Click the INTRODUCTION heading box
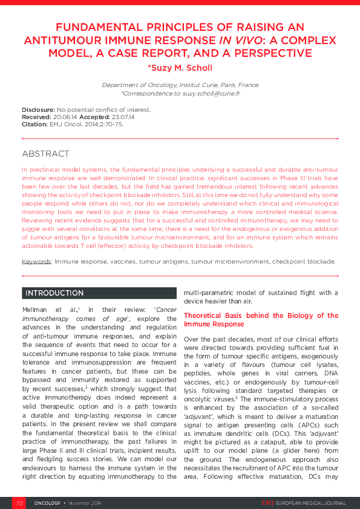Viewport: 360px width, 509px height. pos(54,293)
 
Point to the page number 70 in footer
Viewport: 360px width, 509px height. pos(19,503)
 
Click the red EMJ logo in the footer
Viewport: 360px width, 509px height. pos(267,503)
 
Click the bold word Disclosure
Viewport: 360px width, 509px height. pos(38,109)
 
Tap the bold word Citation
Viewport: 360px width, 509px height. pos(34,124)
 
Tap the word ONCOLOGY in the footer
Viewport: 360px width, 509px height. pos(47,503)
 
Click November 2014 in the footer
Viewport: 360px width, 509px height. pos(84,503)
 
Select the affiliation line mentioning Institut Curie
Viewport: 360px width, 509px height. pos(180,85)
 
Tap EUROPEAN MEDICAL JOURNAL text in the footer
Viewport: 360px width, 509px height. pos(310,503)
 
